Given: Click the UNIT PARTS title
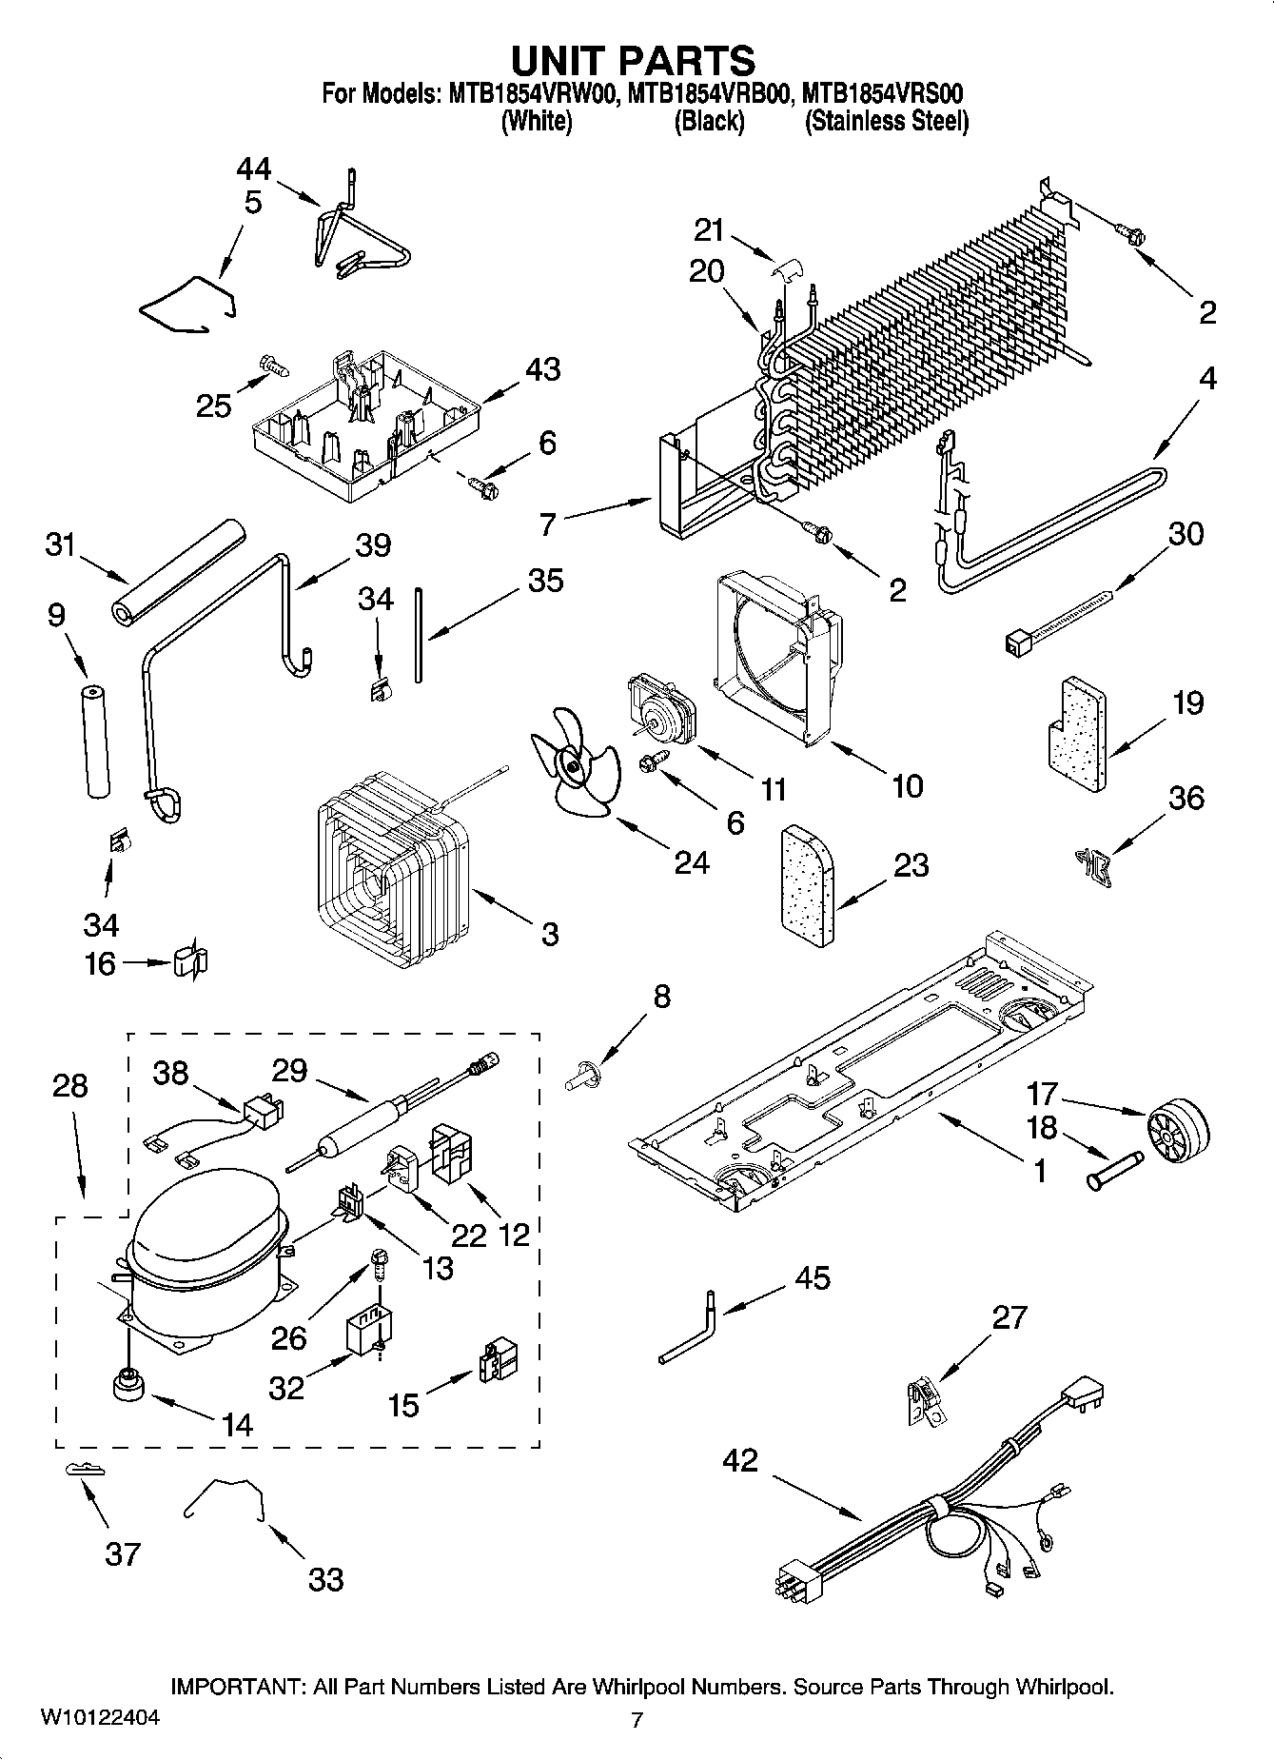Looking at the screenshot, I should [634, 60].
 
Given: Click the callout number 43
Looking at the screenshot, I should [542, 369].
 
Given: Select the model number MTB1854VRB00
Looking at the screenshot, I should [708, 94].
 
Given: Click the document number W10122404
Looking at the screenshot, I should [100, 1718].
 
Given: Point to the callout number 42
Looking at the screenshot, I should [740, 1459].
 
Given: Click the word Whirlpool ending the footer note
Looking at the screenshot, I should [1064, 1688].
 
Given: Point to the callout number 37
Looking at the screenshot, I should [123, 1555].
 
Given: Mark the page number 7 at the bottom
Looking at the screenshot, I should [637, 1719].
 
